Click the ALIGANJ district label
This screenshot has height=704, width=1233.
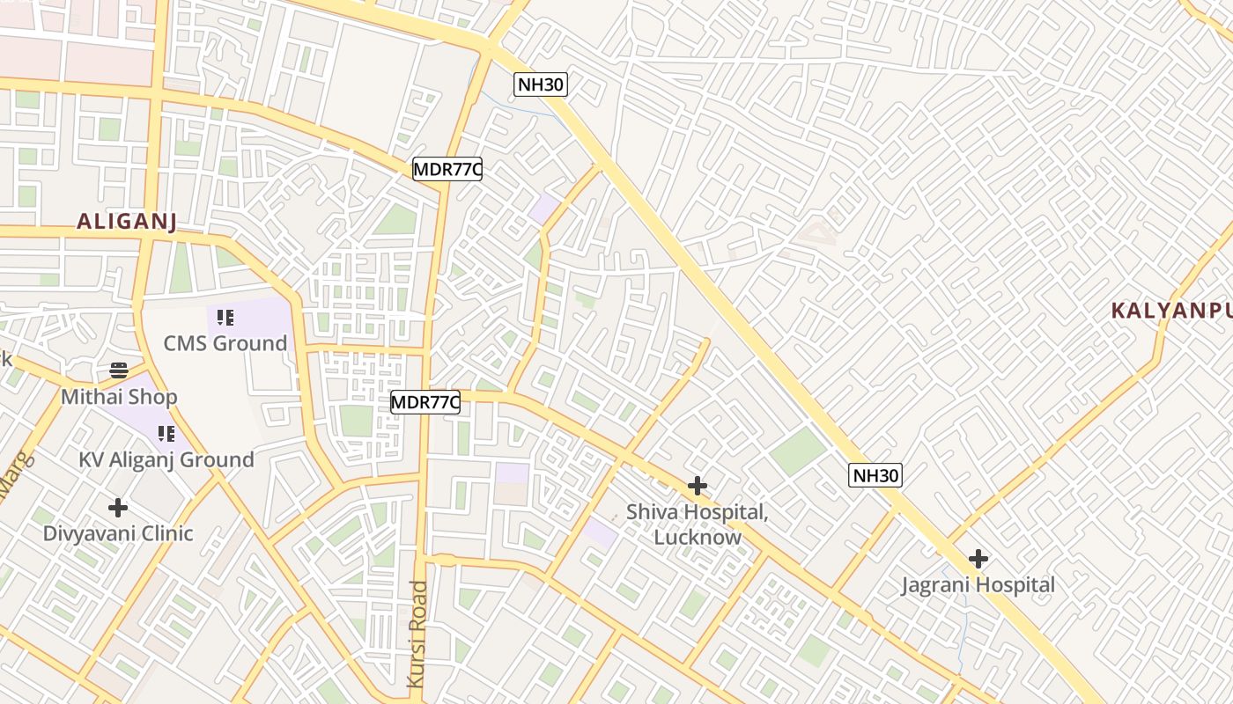[x=127, y=221]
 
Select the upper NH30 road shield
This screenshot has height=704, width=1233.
[x=541, y=84]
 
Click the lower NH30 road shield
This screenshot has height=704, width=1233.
[x=875, y=475]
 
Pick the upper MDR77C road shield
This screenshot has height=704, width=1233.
[x=447, y=169]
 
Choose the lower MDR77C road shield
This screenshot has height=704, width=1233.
[x=425, y=402]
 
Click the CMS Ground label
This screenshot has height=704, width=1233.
[x=225, y=342]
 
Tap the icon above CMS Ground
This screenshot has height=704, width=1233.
[x=225, y=317]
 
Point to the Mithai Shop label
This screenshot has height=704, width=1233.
[x=119, y=397]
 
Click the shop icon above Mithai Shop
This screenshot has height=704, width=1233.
[x=119, y=370]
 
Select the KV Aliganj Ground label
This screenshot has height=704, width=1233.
[x=166, y=459]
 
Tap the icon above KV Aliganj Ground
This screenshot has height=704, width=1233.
[x=166, y=433]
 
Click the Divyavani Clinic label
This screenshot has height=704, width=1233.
[x=118, y=533]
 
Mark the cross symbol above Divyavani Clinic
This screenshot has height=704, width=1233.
[x=117, y=508]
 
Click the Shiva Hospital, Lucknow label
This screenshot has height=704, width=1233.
[x=698, y=524]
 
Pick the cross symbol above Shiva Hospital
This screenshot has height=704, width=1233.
[x=698, y=486]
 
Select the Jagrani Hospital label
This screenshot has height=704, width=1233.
[x=978, y=584]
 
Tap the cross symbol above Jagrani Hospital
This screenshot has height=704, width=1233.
[x=978, y=558]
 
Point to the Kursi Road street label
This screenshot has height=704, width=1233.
[x=417, y=634]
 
